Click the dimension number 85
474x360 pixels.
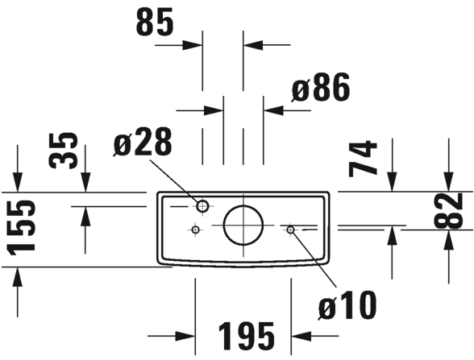[x=155, y=22]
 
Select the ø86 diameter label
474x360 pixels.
[x=321, y=87]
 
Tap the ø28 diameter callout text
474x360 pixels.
[x=143, y=142]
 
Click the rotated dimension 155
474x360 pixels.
[x=21, y=227]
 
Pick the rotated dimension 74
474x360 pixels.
[x=363, y=158]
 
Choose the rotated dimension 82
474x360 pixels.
[x=448, y=210]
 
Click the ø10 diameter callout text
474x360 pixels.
[x=347, y=304]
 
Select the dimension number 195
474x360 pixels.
[x=246, y=336]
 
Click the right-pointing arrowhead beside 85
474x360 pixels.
[x=193, y=45]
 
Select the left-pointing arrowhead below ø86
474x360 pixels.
[x=273, y=110]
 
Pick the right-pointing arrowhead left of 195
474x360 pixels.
[x=185, y=336]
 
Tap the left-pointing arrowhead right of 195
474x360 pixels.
[x=301, y=336]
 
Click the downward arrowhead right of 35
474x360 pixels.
[x=85, y=182]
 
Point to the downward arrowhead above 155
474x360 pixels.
[x=18, y=182]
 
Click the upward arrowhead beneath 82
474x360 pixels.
[x=448, y=240]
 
